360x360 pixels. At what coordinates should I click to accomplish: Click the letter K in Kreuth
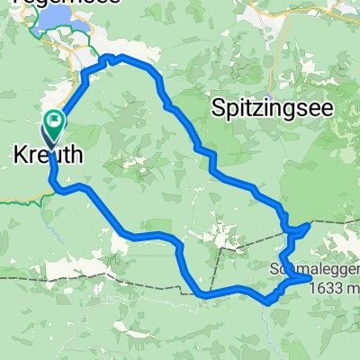(x=20, y=156)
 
